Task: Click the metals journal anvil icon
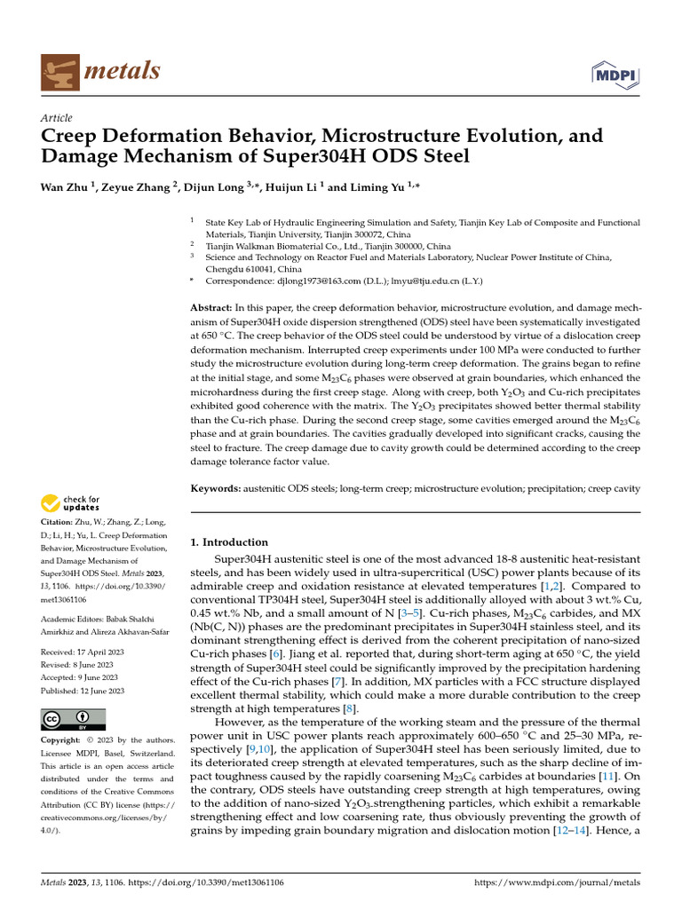[59, 70]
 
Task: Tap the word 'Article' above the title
[57, 118]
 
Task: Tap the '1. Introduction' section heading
[230, 541]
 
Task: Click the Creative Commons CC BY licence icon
[73, 719]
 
